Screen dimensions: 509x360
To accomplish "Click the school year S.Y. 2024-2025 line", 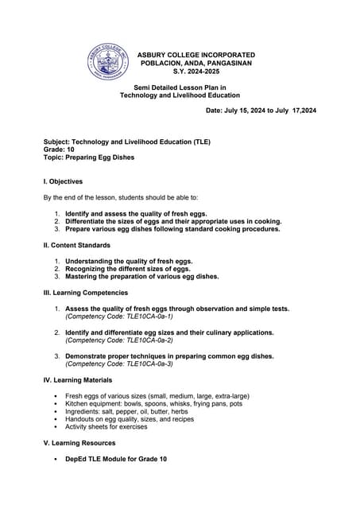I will pyautogui.click(x=196, y=71).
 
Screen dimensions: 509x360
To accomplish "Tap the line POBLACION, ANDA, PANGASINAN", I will pyautogui.click(x=196, y=62).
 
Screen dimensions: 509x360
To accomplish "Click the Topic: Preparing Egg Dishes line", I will pyautogui.click(x=89, y=157).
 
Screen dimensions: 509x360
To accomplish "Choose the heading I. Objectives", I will pyautogui.click(x=63, y=181).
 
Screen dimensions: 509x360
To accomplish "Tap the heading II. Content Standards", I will pyautogui.click(x=76, y=245).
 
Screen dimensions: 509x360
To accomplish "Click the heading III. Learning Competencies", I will pyautogui.click(x=86, y=293).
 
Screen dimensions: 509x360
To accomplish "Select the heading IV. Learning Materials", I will pyautogui.click(x=77, y=380).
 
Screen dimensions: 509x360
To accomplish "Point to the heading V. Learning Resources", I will pyautogui.click(x=79, y=443).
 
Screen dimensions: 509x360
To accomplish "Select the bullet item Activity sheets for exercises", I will pyautogui.click(x=106, y=426).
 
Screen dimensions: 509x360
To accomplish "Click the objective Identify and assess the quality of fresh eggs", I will pyautogui.click(x=136, y=213).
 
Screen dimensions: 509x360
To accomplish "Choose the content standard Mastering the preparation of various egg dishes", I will pyautogui.click(x=141, y=277).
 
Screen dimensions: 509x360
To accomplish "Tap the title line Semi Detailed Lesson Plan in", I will pyautogui.click(x=180, y=87).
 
